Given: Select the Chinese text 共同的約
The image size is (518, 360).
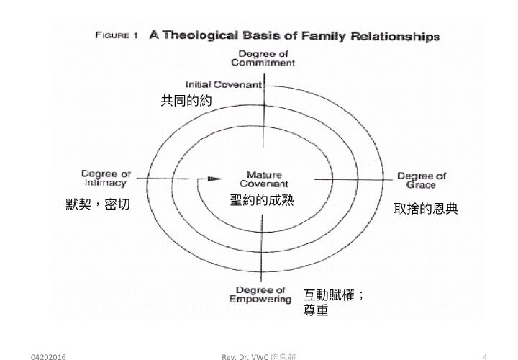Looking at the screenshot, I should tap(183, 101).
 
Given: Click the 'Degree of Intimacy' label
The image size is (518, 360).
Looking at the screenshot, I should tap(106, 178).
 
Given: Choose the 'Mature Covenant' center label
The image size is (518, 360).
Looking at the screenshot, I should tap(264, 179).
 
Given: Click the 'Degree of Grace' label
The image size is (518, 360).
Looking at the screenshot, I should tap(422, 180).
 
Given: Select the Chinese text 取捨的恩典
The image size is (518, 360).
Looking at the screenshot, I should tap(426, 209).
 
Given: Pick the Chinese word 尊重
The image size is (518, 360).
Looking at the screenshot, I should tap(317, 311).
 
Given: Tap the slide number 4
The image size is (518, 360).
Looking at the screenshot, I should tap(487, 356).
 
